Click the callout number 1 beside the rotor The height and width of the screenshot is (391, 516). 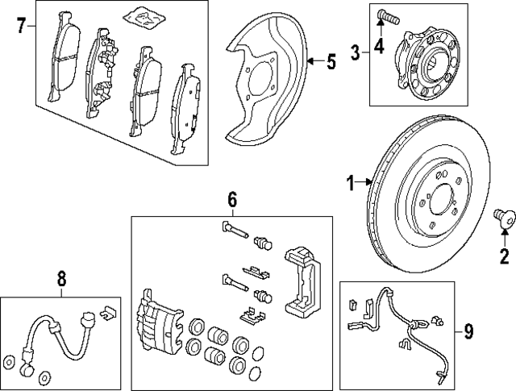tap(351, 185)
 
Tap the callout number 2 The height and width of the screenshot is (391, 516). tap(505, 258)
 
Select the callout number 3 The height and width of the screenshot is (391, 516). tap(356, 54)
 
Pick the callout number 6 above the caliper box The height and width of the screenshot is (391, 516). tap(231, 199)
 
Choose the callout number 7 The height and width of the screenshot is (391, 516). tap(22, 26)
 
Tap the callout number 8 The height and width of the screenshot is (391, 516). tap(62, 279)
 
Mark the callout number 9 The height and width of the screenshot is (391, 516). tap(468, 331)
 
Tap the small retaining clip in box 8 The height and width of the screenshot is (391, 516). tap(107, 310)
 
